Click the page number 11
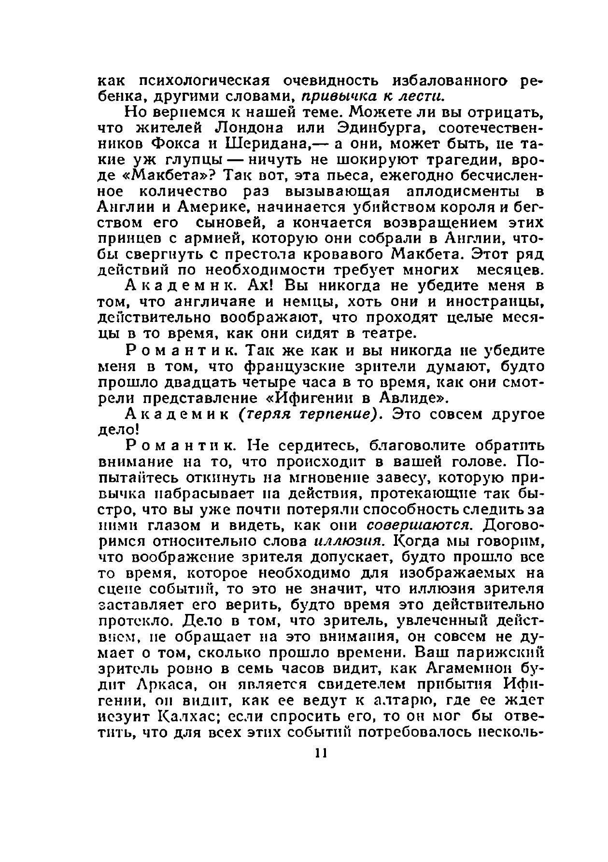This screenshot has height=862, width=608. [x=321, y=753]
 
